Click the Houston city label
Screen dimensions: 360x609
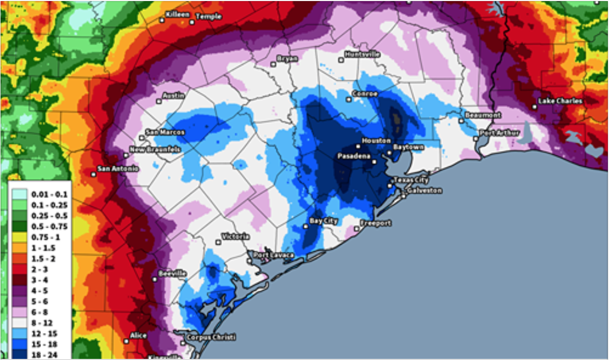pos(376,141)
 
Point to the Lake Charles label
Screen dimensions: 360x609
pos(561,101)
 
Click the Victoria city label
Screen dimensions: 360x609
pos(235,236)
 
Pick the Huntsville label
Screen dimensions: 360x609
pos(363,54)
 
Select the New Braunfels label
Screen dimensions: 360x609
pos(155,150)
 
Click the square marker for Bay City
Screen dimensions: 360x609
pos(306,227)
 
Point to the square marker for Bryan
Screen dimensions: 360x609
pos(273,64)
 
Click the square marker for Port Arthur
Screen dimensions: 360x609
pos(476,139)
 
